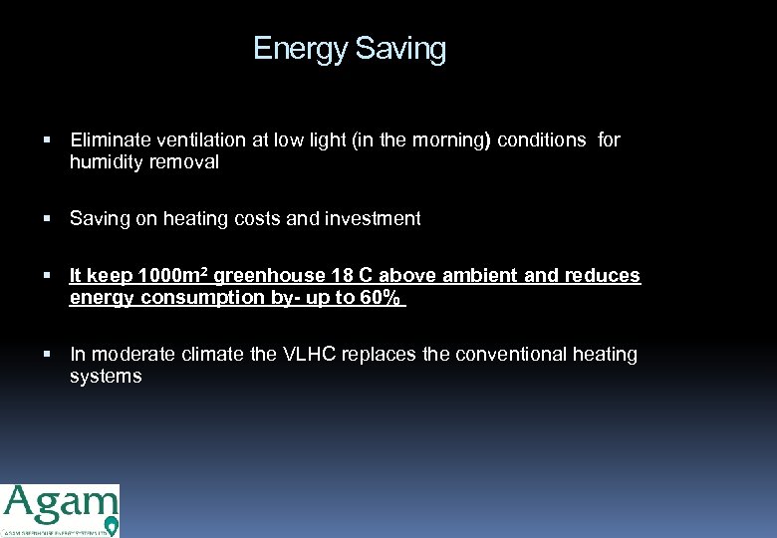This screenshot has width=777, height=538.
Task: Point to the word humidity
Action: pos(103,162)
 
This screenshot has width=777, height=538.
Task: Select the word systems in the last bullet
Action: pos(106,377)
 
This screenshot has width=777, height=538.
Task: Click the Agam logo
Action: pos(60,510)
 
